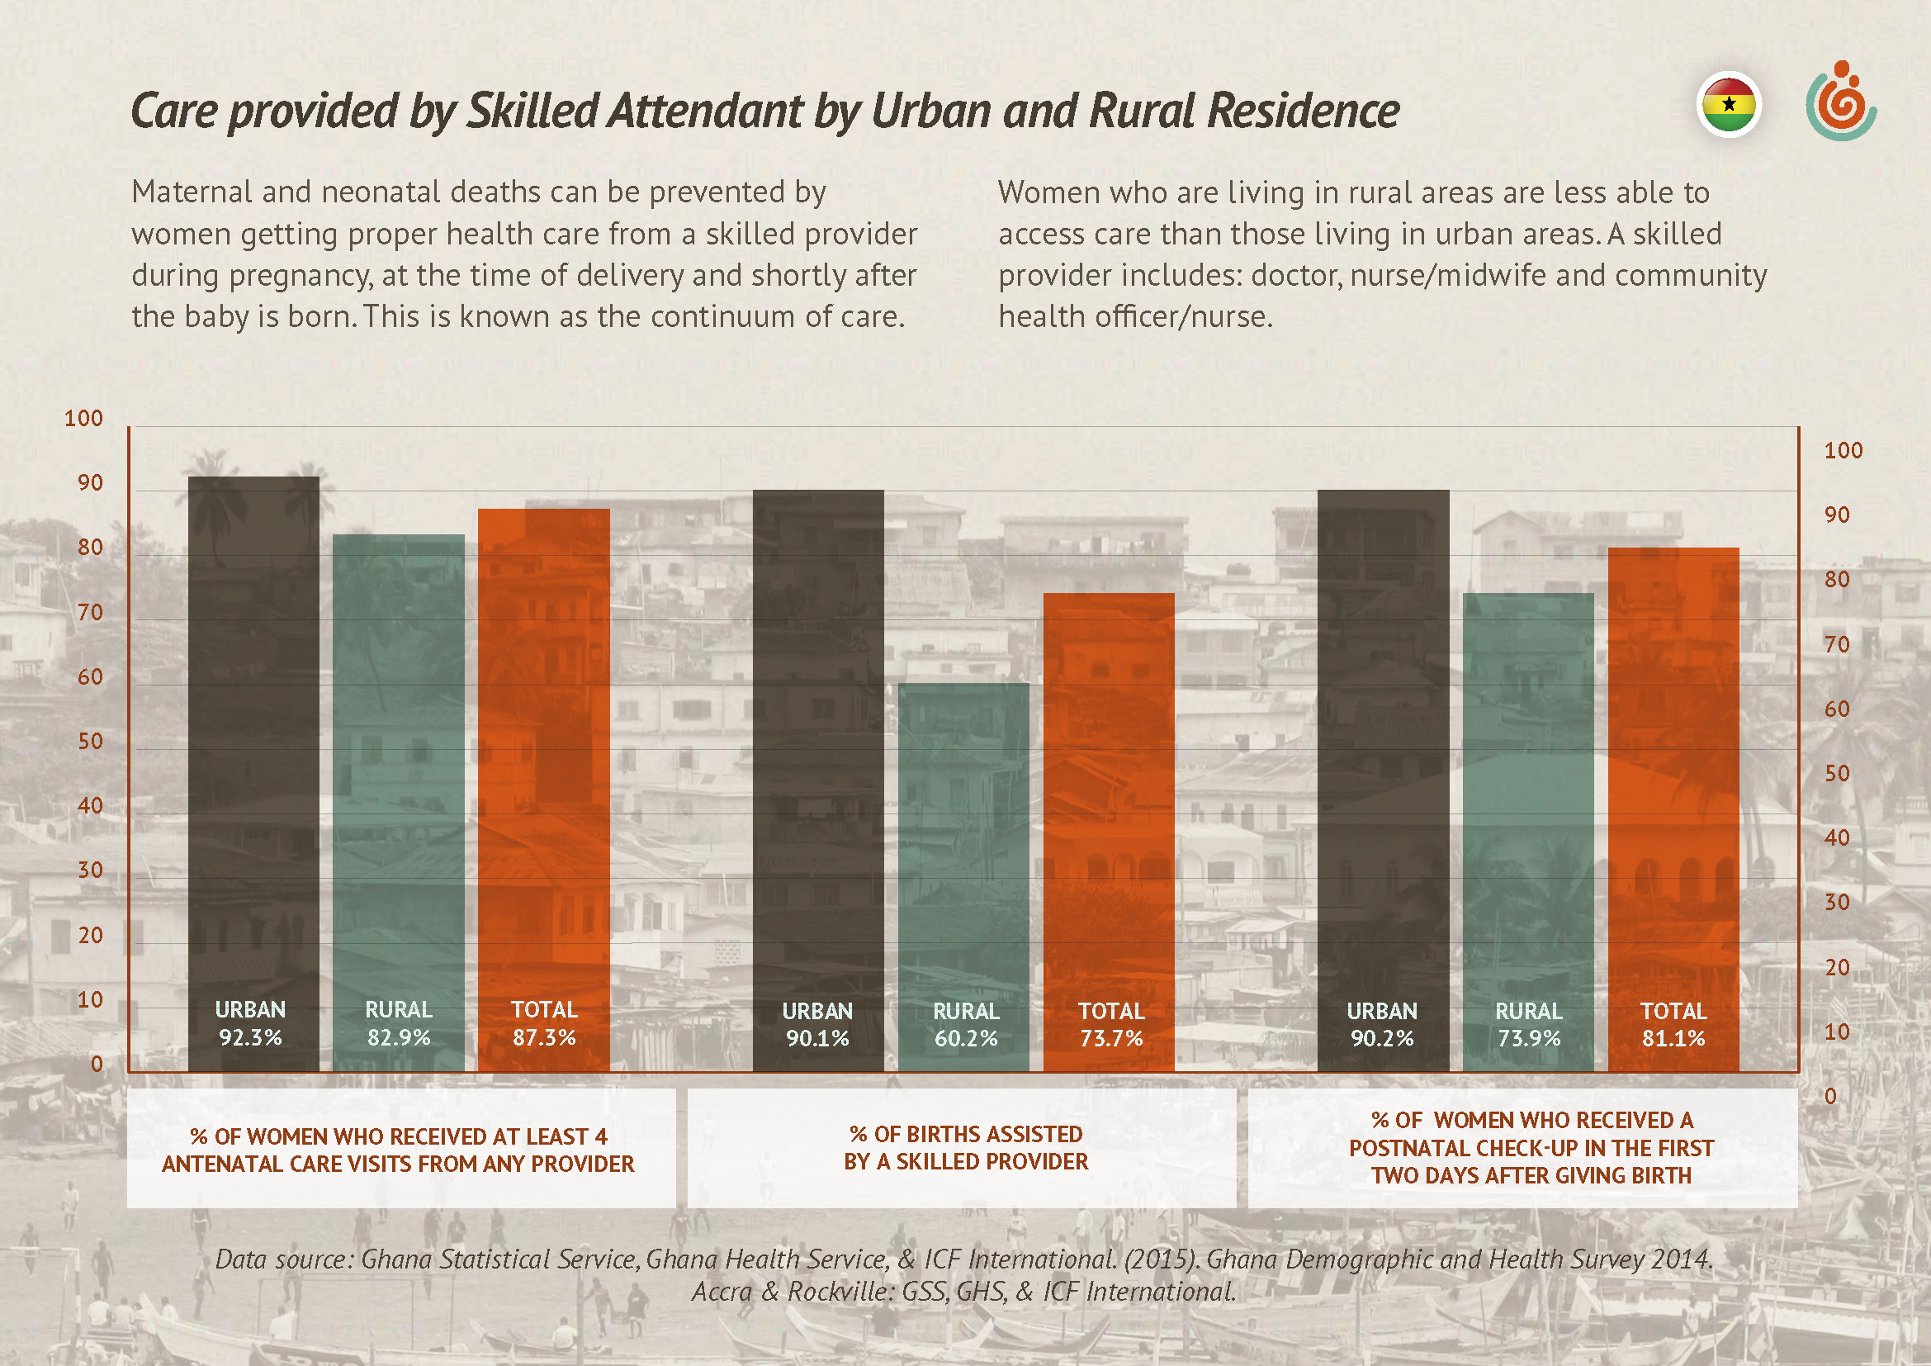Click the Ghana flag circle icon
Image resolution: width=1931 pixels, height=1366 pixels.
[1728, 105]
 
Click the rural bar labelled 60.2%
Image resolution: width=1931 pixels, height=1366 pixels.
[963, 841]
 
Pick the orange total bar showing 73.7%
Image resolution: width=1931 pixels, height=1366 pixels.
[1110, 799]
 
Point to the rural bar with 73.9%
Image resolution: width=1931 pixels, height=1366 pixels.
[1528, 799]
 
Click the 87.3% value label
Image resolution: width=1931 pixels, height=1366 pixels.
[544, 1038]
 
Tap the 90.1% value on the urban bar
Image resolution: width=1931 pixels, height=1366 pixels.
[817, 1039]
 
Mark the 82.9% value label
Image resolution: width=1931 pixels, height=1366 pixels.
[399, 1038]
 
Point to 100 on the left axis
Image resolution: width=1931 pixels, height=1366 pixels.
[83, 418]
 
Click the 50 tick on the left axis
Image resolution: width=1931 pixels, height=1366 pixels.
[90, 741]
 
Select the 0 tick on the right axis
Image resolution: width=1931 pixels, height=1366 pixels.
[1830, 1096]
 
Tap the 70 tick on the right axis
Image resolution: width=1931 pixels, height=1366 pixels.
[1837, 644]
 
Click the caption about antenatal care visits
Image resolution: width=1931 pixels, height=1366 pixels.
[399, 1150]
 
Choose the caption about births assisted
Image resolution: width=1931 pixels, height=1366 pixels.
[966, 1148]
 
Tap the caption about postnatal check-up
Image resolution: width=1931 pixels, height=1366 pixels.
[1531, 1148]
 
